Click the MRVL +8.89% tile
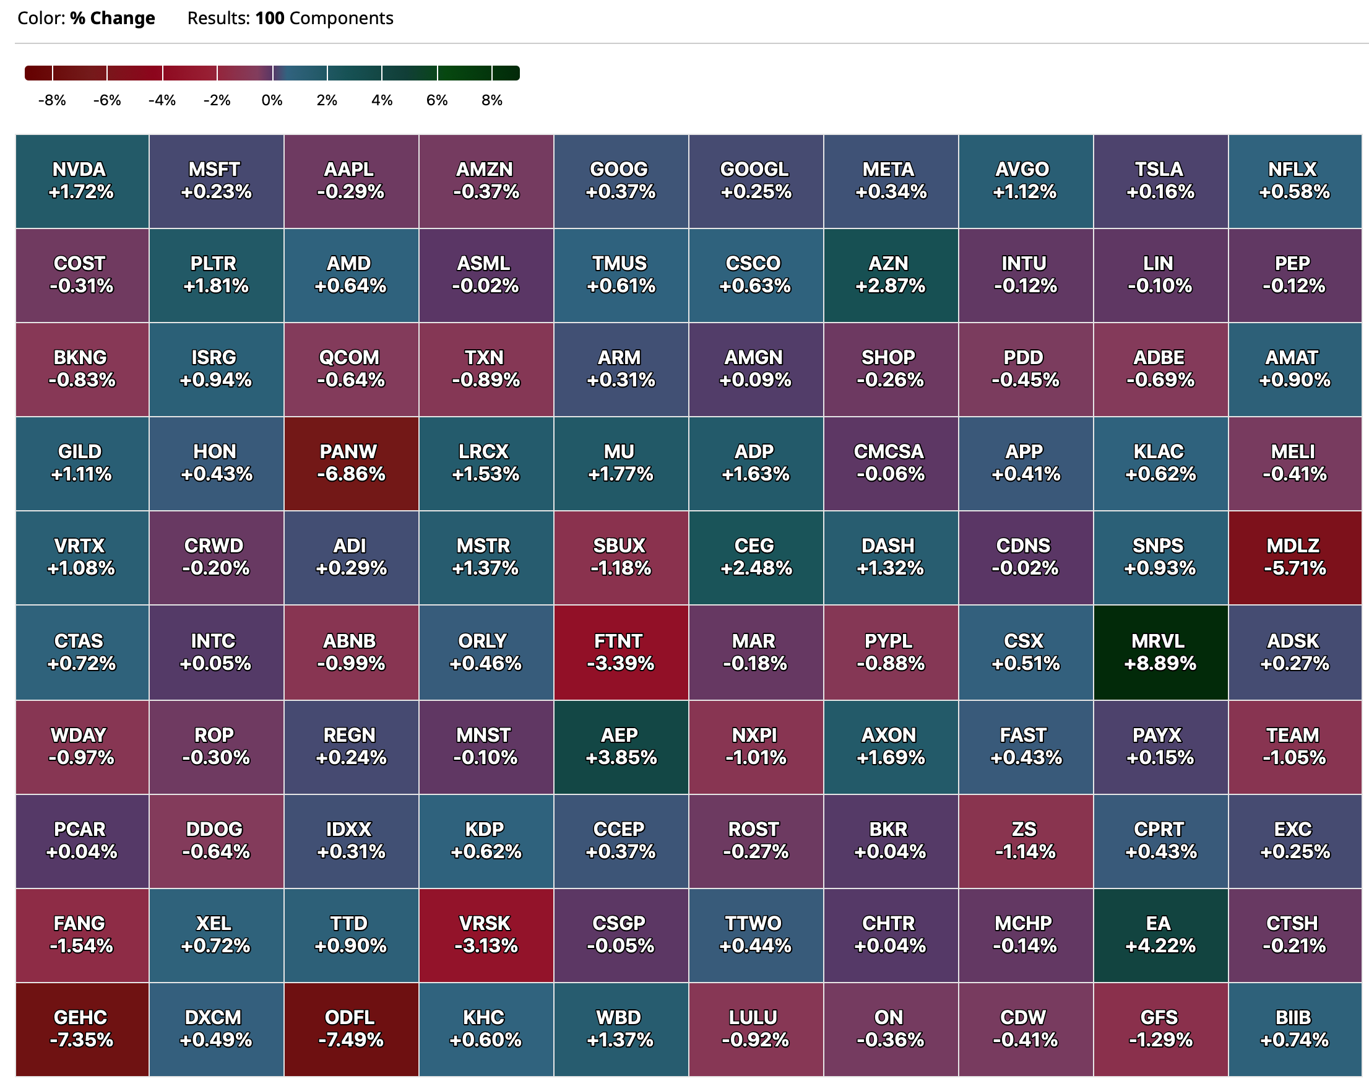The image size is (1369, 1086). [x=1160, y=652]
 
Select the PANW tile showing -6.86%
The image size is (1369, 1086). [x=351, y=463]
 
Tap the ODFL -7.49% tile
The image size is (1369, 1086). [x=351, y=1029]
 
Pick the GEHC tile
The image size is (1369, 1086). [x=82, y=1029]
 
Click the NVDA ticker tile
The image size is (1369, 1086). [x=82, y=181]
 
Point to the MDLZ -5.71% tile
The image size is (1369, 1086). [x=1295, y=557]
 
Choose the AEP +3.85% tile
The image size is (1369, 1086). [x=620, y=746]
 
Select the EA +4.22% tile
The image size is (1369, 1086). [x=1160, y=935]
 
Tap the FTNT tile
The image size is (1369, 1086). [x=620, y=652]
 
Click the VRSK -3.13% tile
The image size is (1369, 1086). [x=486, y=935]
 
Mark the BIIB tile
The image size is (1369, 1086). [x=1295, y=1029]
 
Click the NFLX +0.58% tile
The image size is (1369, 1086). [x=1295, y=181]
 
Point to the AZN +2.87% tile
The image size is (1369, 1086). [x=890, y=275]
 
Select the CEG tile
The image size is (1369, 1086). [x=756, y=557]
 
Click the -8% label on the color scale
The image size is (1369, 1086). [x=52, y=100]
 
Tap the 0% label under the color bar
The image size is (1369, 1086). [x=272, y=100]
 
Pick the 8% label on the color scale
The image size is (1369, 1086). [x=491, y=100]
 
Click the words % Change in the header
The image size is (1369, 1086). [x=113, y=19]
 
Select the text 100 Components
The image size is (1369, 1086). [x=324, y=19]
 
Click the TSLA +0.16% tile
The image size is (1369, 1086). [x=1160, y=181]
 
